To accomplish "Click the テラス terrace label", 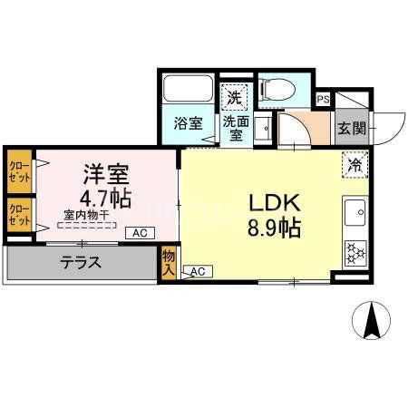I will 81,264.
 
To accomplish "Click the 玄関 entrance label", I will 352,128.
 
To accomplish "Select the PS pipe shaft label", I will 323,100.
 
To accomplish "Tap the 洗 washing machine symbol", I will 234,97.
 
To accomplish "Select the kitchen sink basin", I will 353,214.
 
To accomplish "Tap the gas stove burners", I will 353,248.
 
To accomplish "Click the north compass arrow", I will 371,320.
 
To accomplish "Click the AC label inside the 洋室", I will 140,233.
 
